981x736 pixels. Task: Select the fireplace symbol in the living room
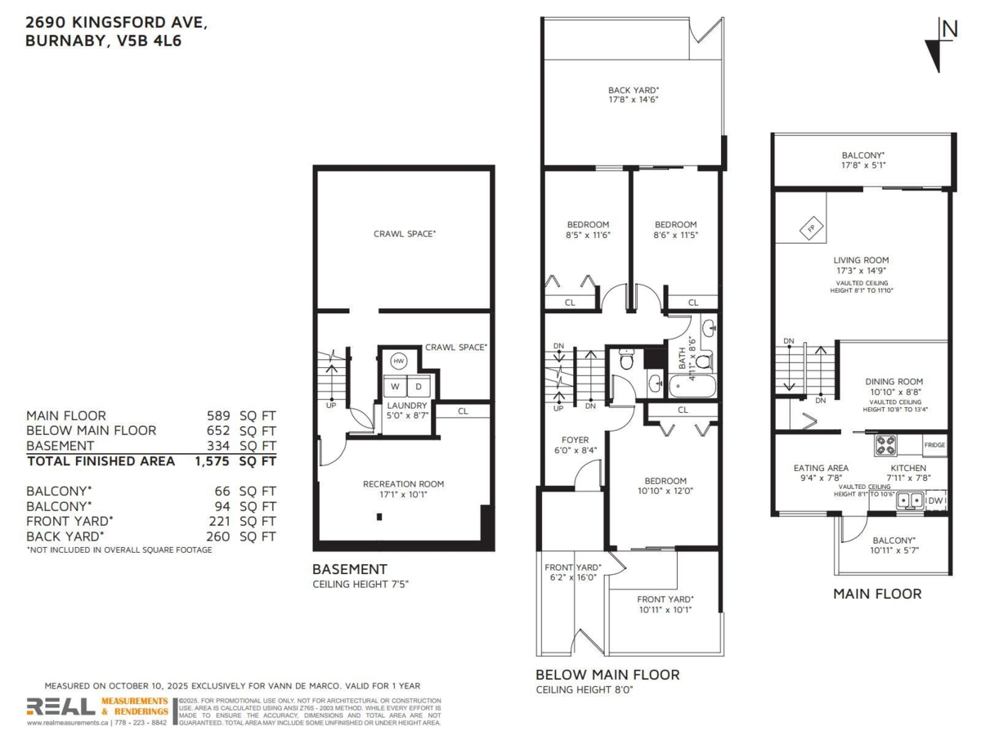point(810,229)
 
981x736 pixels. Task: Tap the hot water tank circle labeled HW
point(399,361)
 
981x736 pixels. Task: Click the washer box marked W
point(395,386)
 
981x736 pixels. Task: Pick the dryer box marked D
point(418,386)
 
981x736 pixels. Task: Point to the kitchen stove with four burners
point(886,446)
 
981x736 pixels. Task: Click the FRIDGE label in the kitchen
point(935,446)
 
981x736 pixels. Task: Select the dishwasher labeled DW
point(937,500)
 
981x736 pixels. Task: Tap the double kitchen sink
point(909,500)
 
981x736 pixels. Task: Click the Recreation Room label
point(403,484)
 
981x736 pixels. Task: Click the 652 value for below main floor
point(219,431)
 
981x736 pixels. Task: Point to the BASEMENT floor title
point(349,569)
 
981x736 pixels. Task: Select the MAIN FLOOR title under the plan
point(876,594)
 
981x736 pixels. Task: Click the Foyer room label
point(575,439)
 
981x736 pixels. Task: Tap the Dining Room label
point(894,381)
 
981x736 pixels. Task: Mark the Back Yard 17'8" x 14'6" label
point(633,95)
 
